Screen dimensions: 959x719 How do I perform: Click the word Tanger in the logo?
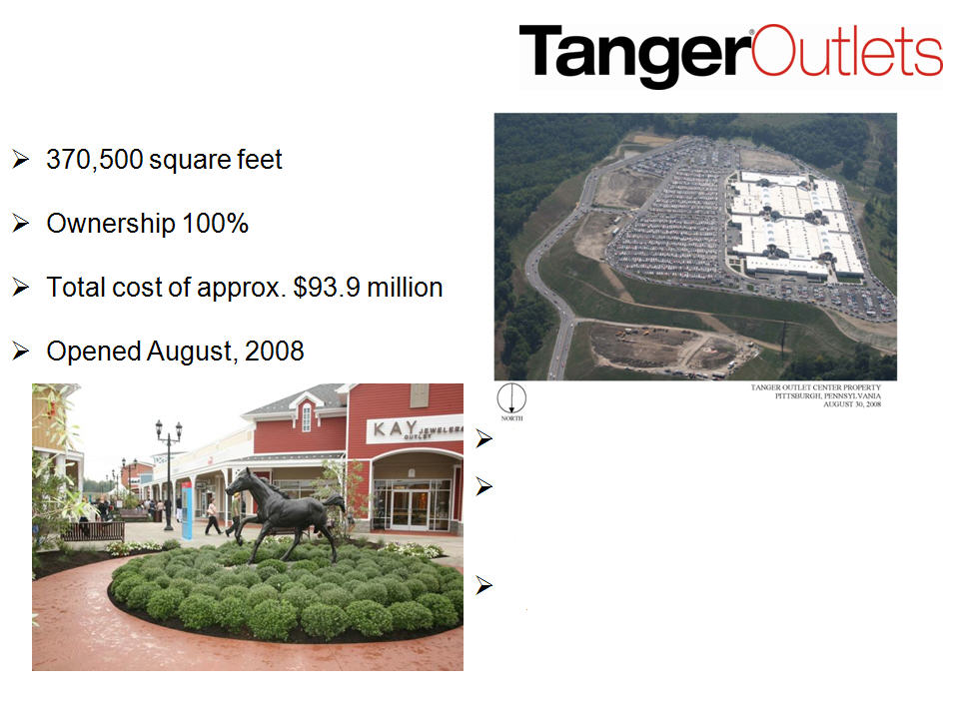pyautogui.click(x=635, y=56)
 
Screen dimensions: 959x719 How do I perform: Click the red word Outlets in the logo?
pyautogui.click(x=848, y=51)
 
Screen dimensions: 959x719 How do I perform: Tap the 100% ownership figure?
pyautogui.click(x=216, y=223)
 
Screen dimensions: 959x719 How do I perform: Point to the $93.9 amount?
pyautogui.click(x=327, y=288)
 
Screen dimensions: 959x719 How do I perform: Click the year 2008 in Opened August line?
pyautogui.click(x=274, y=352)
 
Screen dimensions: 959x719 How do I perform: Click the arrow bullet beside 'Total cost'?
pyautogui.click(x=21, y=288)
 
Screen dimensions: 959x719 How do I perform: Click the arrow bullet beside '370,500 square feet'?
pyautogui.click(x=21, y=160)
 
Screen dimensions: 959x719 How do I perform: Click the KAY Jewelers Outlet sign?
pyautogui.click(x=414, y=429)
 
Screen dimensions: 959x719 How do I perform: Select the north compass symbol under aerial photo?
pyautogui.click(x=511, y=399)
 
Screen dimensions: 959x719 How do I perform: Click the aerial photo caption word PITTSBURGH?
pyautogui.click(x=795, y=395)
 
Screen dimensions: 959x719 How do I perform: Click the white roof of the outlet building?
pyautogui.click(x=794, y=227)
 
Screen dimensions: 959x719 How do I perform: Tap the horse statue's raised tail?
pyautogui.click(x=336, y=502)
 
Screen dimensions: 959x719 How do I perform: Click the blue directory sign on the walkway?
pyautogui.click(x=187, y=510)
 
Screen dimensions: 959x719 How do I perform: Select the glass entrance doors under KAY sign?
pyautogui.click(x=410, y=508)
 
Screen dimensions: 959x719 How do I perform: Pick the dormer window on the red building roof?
pyautogui.click(x=307, y=415)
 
